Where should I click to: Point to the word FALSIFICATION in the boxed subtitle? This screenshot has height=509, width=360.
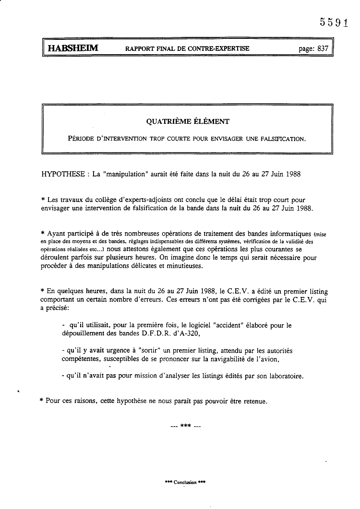point(282,139)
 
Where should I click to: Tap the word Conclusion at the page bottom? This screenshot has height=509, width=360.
point(185,482)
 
